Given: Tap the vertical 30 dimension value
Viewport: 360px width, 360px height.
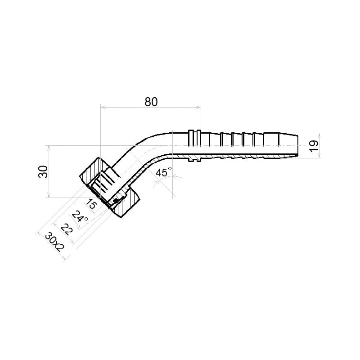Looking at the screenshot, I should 43,171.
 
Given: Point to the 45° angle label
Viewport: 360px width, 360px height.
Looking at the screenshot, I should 163,172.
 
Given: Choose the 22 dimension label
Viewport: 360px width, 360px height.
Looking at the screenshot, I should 66,229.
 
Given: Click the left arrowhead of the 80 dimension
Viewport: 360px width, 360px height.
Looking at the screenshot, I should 103,108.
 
